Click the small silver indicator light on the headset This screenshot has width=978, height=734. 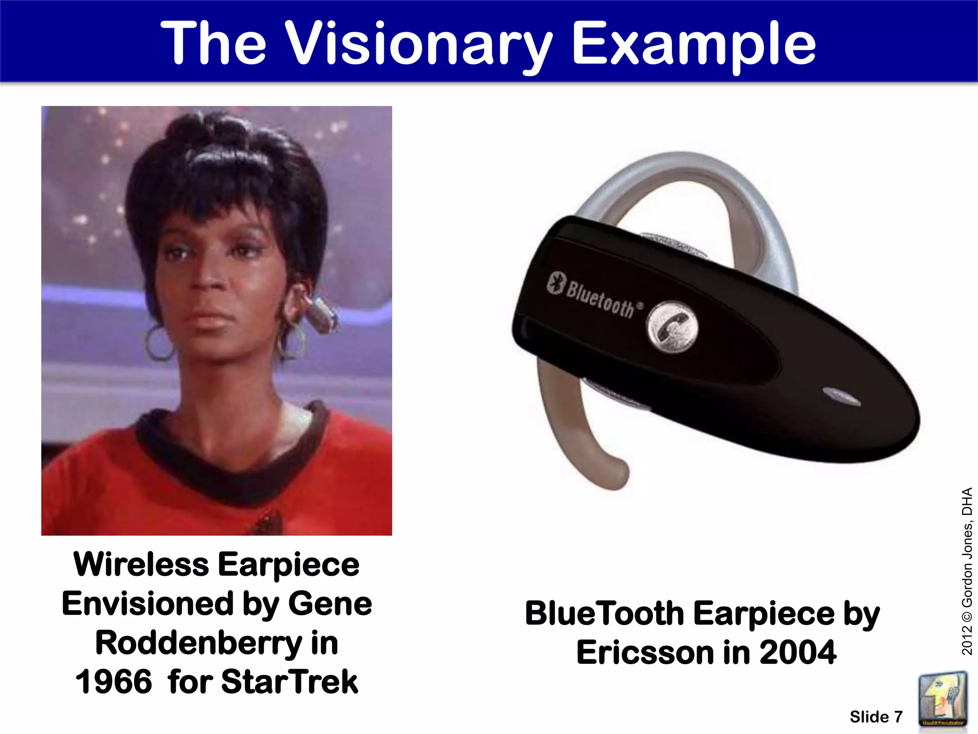point(840,396)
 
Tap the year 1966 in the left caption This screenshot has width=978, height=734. point(114,681)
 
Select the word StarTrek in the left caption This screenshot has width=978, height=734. point(289,681)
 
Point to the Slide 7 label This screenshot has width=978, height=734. point(876,717)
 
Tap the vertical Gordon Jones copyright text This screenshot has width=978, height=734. point(967,571)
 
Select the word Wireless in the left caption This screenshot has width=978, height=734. point(141,564)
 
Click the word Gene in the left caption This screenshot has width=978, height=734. point(330,604)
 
